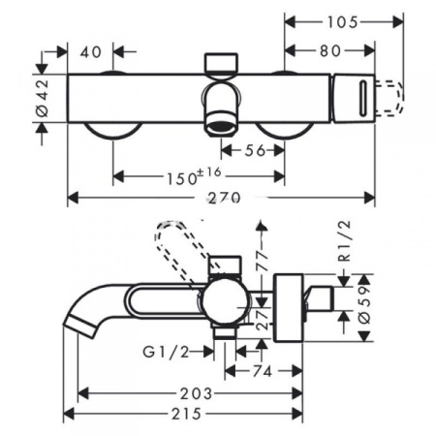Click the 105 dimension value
tap(342, 22)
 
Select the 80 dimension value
tap(330, 51)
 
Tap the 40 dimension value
tap(91, 52)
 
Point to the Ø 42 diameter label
tap(43, 98)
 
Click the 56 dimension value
tap(255, 150)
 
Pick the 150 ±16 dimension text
tap(194, 176)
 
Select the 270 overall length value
tap(224, 198)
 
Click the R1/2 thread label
tap(344, 240)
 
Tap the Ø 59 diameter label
tap(365, 304)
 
